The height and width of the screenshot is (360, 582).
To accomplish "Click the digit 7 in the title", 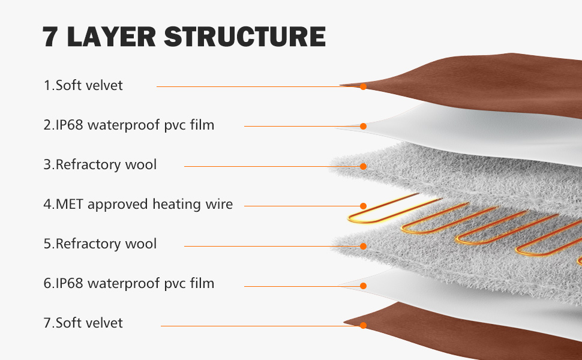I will pyautogui.click(x=52, y=37).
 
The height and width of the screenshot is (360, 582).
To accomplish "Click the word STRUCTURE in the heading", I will pyautogui.click(x=244, y=37).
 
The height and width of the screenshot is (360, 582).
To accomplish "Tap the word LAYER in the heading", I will pyautogui.click(x=112, y=37).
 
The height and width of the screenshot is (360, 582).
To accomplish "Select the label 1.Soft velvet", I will pyautogui.click(x=83, y=85).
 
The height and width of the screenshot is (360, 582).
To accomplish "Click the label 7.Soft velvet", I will pyautogui.click(x=83, y=323).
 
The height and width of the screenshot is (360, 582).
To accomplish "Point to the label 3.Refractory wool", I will pyautogui.click(x=100, y=164).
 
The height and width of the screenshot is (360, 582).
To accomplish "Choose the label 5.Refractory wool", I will pyautogui.click(x=100, y=244).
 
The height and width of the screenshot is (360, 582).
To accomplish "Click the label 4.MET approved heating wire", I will pyautogui.click(x=137, y=204).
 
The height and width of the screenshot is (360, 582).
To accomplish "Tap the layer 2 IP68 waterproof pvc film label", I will pyautogui.click(x=128, y=125).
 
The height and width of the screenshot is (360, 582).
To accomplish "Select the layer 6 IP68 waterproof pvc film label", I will pyautogui.click(x=128, y=283).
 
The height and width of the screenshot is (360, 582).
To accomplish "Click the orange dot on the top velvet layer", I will pyautogui.click(x=363, y=86).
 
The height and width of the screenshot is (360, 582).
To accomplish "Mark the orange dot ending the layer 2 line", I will pyautogui.click(x=363, y=126).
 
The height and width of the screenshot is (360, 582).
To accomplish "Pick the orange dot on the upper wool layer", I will pyautogui.click(x=363, y=166).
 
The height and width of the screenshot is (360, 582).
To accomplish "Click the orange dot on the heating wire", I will pyautogui.click(x=363, y=206).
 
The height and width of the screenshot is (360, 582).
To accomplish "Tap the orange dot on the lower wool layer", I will pyautogui.click(x=363, y=246).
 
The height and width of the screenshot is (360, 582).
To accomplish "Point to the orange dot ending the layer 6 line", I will pyautogui.click(x=363, y=286).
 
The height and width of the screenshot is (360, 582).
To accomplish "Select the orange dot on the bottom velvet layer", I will pyautogui.click(x=363, y=326).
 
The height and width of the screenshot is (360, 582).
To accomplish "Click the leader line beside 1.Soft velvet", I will pyautogui.click(x=258, y=86).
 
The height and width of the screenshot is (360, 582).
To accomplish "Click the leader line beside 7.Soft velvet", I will pyautogui.click(x=258, y=326).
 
